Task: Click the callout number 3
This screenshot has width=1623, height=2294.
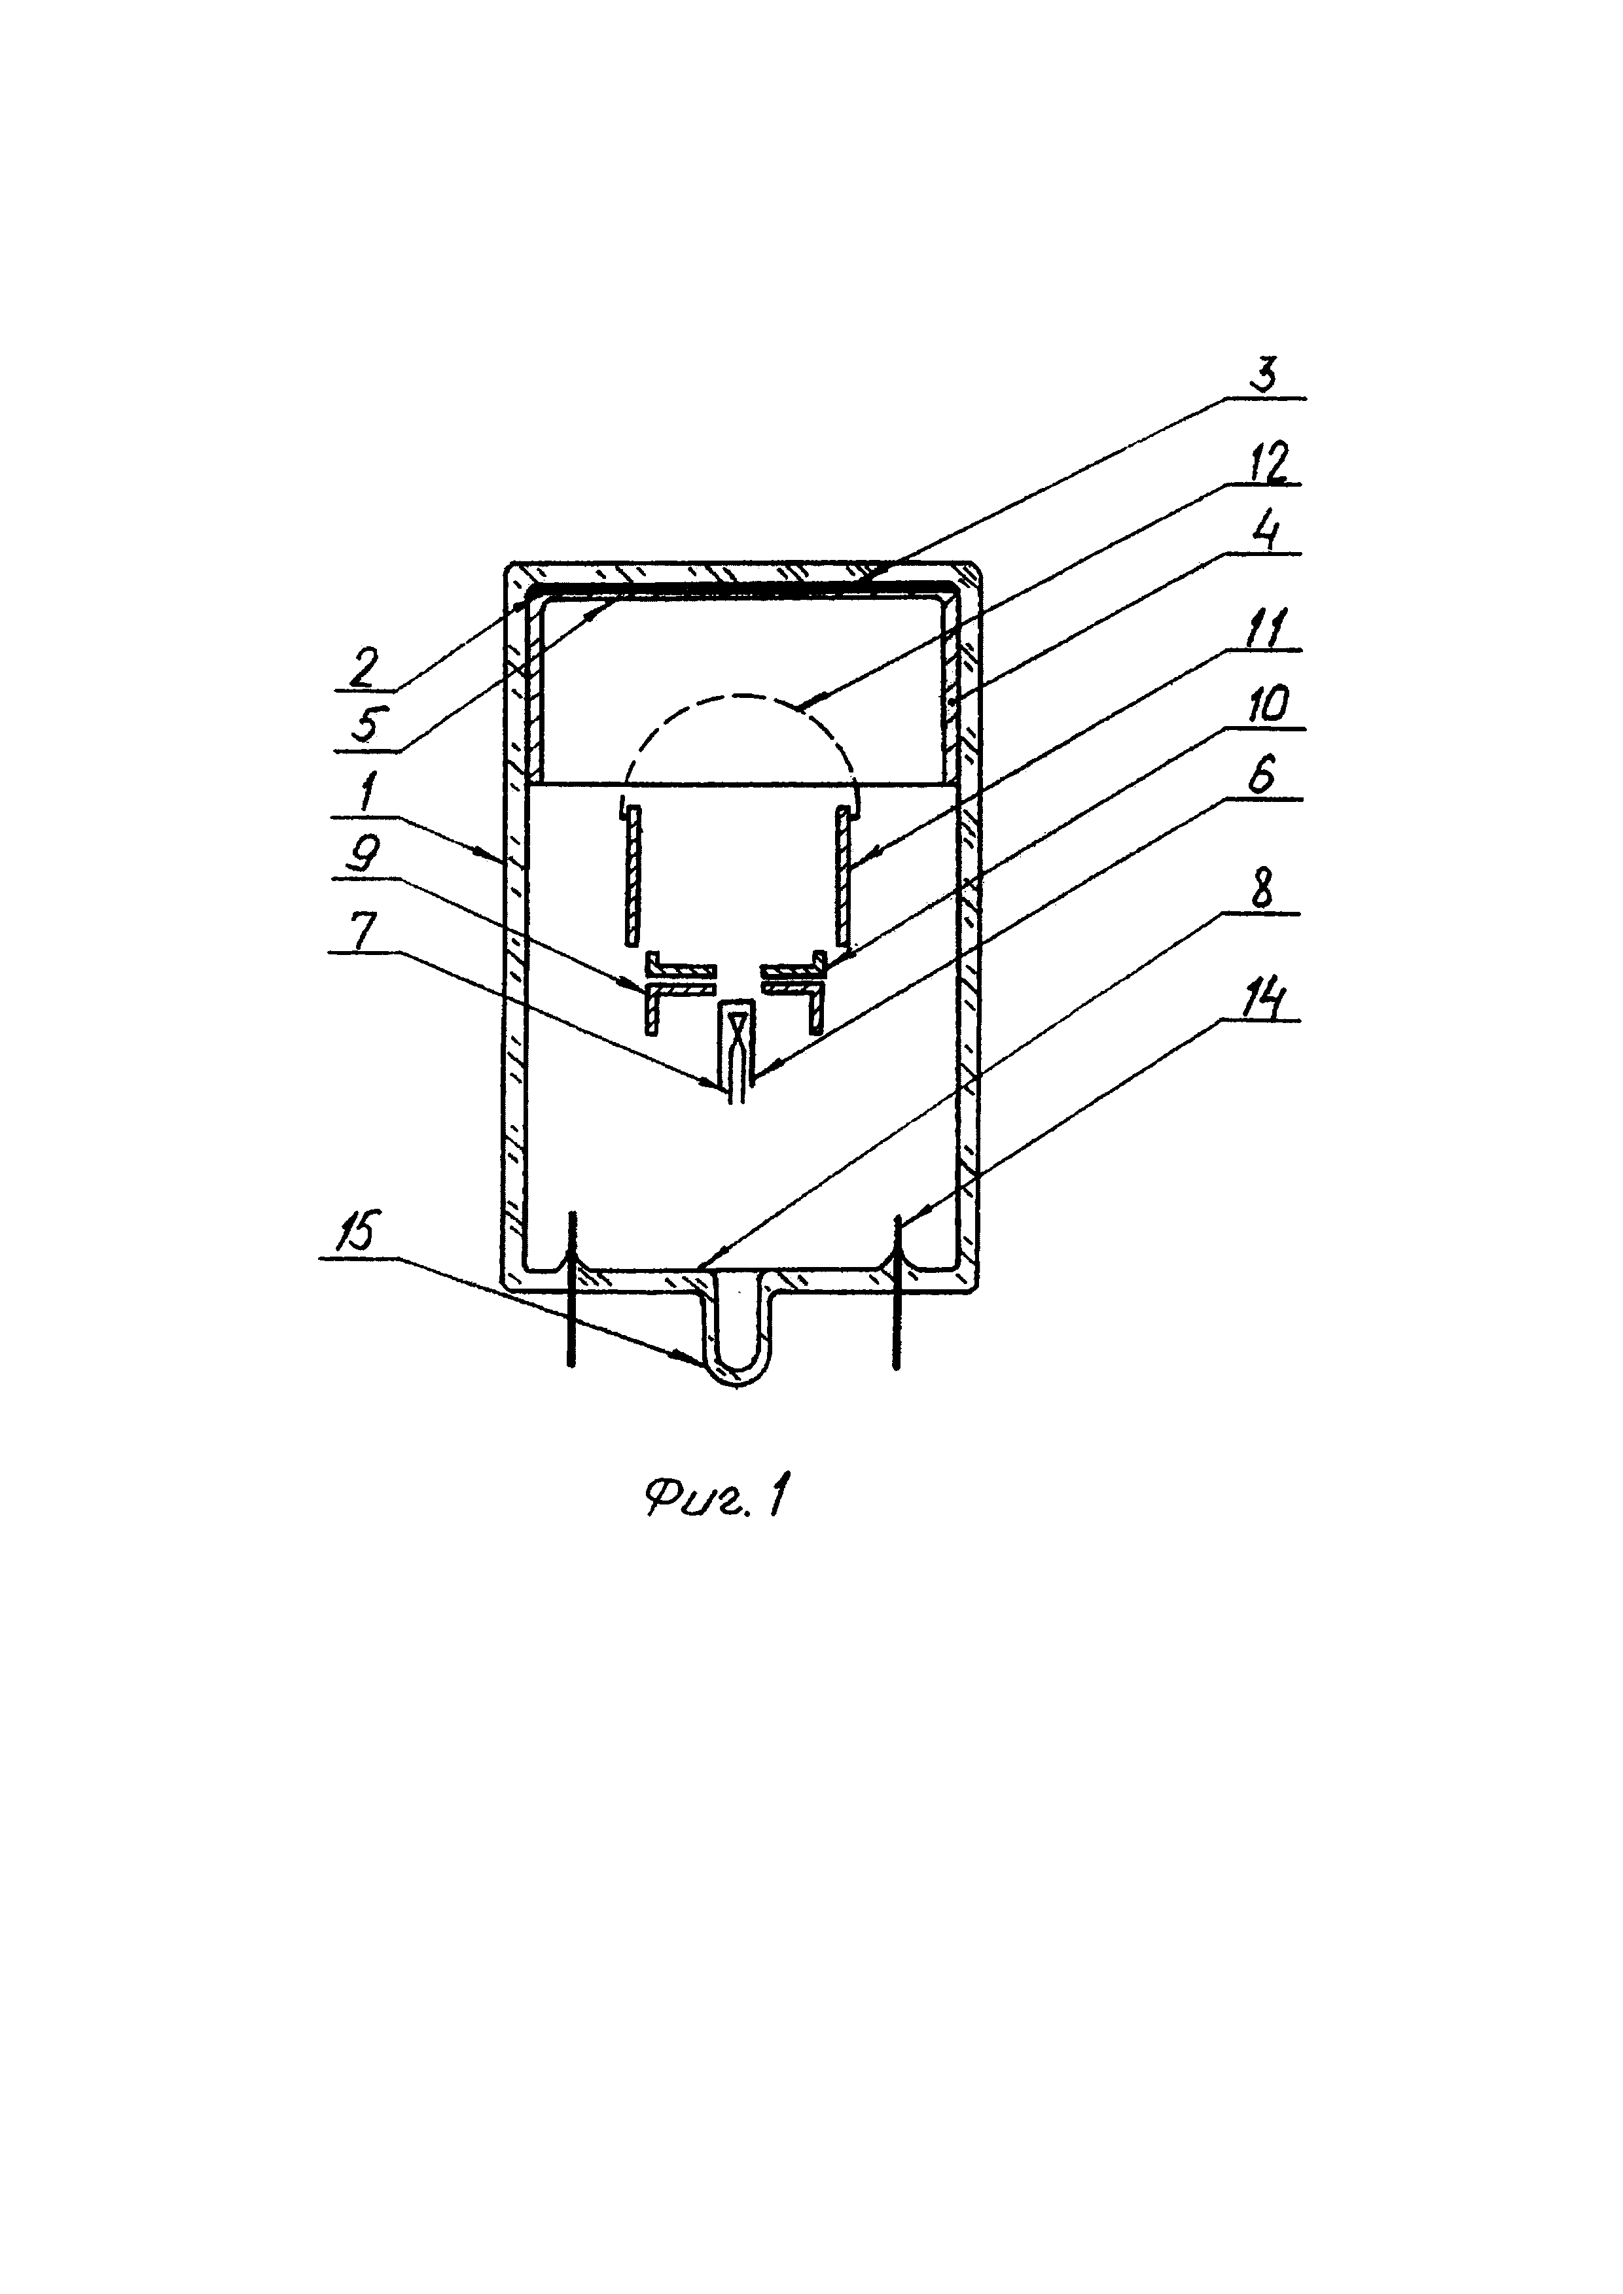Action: [x=1265, y=377]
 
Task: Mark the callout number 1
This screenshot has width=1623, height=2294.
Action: [x=366, y=796]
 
